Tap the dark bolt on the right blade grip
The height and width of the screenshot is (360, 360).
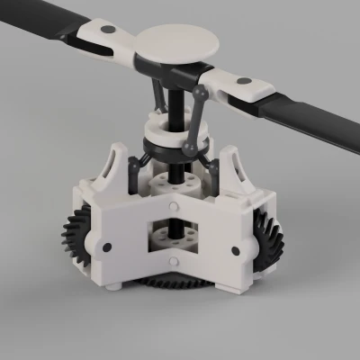[x=245, y=82]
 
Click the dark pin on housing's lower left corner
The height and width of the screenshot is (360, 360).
[x=107, y=246]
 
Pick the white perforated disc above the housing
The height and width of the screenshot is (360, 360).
[x=174, y=184]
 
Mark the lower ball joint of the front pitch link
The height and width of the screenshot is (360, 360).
[x=190, y=146]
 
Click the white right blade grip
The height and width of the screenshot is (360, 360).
[x=238, y=87]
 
